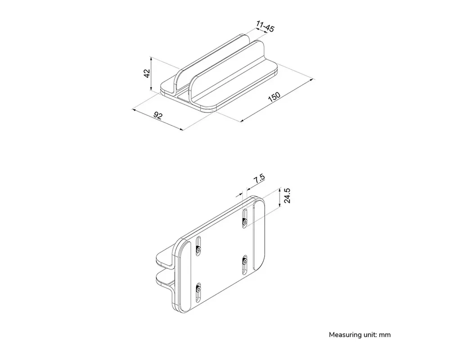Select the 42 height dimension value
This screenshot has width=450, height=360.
click(x=147, y=74)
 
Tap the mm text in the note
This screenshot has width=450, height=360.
click(x=384, y=335)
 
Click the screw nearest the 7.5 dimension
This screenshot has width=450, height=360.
click(x=244, y=222)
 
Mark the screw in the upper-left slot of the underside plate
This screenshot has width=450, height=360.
click(x=198, y=248)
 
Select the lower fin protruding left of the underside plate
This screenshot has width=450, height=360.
click(x=163, y=281)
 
